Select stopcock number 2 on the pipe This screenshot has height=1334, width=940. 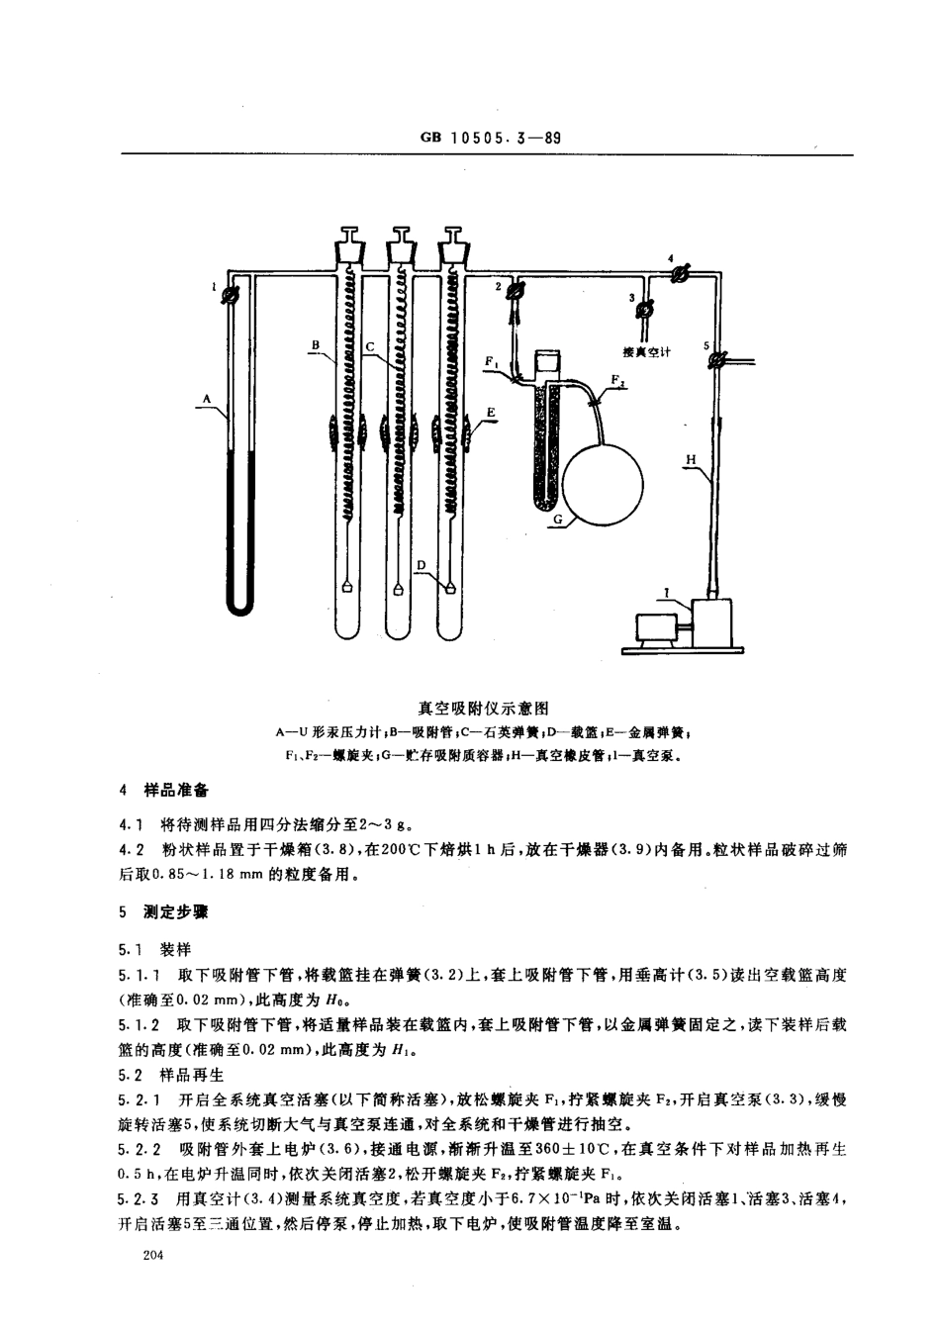pos(516,290)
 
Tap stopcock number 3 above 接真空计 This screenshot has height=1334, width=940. pos(643,310)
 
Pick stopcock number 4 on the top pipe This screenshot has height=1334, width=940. pos(679,275)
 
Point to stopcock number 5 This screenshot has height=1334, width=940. pos(720,361)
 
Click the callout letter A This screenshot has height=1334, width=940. pos(208,398)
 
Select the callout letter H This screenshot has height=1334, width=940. pos(692,458)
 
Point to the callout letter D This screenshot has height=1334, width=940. pos(421,564)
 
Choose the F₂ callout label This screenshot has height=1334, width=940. pos(617,379)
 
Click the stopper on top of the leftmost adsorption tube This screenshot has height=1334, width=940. pos(351,238)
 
